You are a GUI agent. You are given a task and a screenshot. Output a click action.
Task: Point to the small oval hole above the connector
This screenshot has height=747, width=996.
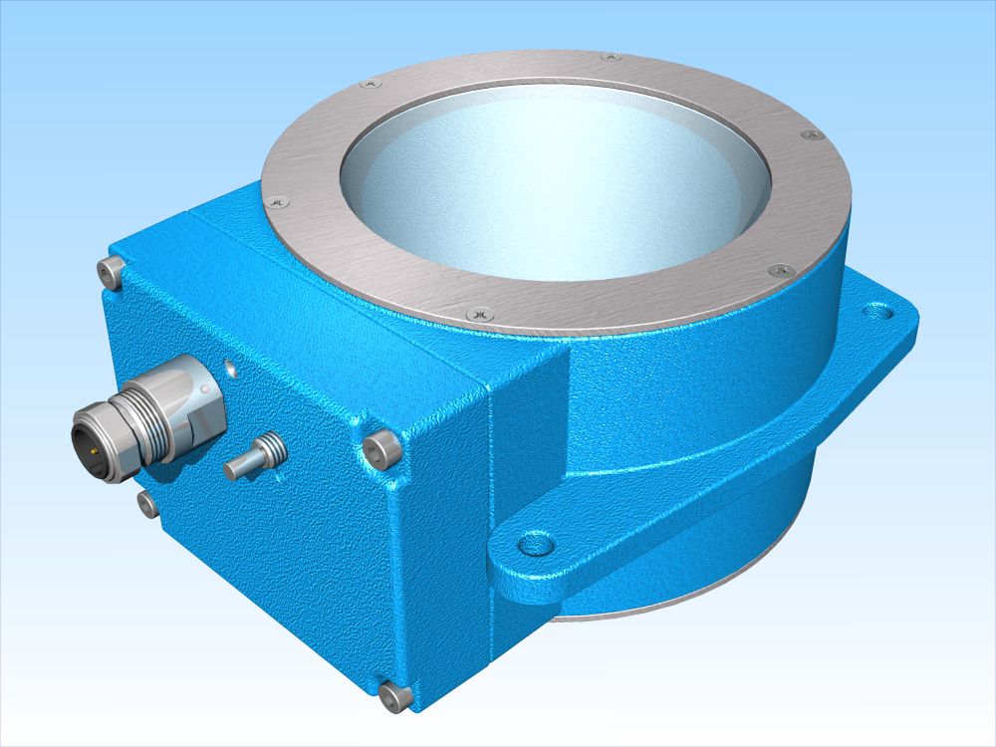[231, 368]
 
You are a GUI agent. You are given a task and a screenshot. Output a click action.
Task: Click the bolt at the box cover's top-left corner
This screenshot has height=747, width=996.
[113, 269]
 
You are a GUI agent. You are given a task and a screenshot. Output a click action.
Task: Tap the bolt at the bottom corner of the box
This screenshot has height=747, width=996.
[397, 696]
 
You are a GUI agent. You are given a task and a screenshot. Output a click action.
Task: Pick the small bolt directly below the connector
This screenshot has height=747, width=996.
[147, 504]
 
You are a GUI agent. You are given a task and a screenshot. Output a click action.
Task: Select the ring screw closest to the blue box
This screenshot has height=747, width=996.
[279, 201]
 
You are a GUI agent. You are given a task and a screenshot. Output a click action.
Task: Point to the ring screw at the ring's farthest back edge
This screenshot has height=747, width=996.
[610, 57]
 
